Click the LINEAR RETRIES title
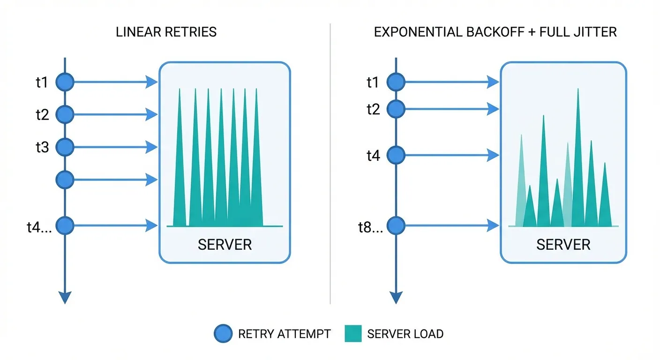coord(166,32)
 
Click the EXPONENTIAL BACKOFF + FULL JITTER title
coord(495,32)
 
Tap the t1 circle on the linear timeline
coord(65,82)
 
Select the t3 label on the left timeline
coord(42,147)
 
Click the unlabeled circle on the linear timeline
coord(65,179)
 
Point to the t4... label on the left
coord(40,227)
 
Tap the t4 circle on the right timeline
coord(397,155)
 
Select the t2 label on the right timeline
coord(373,109)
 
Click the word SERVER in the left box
coord(225,245)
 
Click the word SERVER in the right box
coord(563,245)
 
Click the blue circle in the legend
coord(223,334)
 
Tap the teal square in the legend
coord(353,334)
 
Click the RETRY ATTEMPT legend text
coord(284,334)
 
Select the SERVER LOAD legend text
coord(405,334)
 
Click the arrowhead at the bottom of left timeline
coord(65,297)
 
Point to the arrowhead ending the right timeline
coord(397,297)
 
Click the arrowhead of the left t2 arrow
coord(152,114)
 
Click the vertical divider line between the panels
coord(330,164)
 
